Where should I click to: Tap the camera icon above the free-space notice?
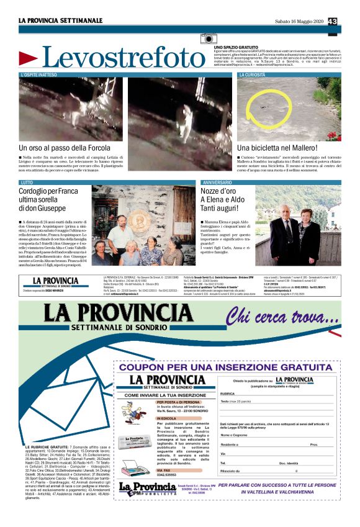click(x=209, y=39)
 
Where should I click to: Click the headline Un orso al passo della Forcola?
click(x=68, y=148)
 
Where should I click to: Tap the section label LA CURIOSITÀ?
click(x=253, y=74)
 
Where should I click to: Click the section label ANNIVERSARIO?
click(x=216, y=182)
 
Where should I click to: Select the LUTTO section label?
click(x=27, y=182)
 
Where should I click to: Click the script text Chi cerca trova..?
click(x=282, y=317)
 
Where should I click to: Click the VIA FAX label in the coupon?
click(x=164, y=470)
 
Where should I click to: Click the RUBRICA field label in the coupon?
click(x=227, y=393)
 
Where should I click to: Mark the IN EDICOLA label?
click(x=166, y=418)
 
